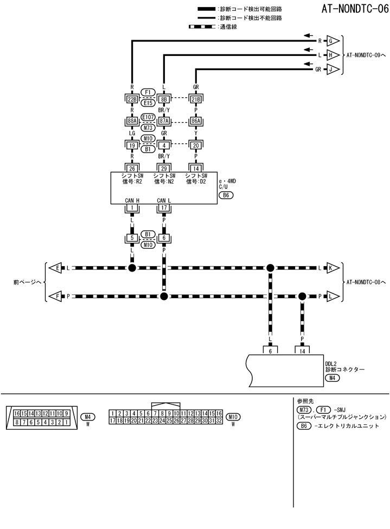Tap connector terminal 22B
131,99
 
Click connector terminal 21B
196,99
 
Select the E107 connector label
148,117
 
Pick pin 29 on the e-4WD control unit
164,168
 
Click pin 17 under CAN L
164,207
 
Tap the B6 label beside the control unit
226,195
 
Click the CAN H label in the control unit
132,200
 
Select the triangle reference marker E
56,268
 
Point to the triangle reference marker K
333,268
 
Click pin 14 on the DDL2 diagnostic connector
302,351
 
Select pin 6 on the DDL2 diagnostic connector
270,351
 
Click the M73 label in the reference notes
304,409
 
